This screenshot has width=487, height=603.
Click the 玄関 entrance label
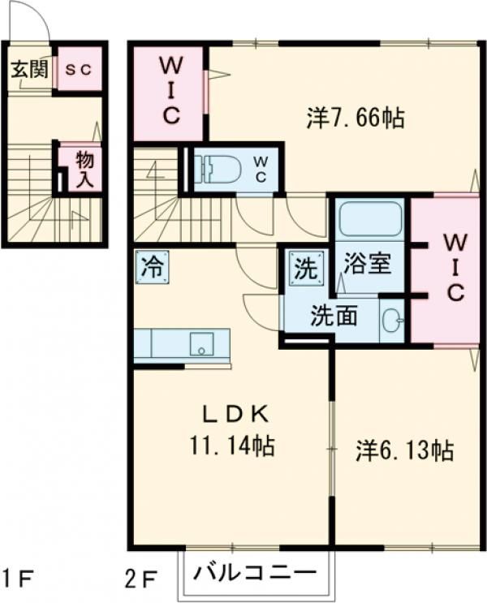point(29,70)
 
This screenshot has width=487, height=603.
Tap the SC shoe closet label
point(78,70)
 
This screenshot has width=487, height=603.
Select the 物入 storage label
point(84,169)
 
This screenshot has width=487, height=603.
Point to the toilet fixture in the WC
point(218,169)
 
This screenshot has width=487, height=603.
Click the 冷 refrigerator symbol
point(153,267)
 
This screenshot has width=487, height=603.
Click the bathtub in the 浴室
point(369,217)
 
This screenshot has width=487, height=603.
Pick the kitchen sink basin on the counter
point(201,345)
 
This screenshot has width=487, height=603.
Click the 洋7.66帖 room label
point(356,118)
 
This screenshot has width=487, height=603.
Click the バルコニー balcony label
point(255,573)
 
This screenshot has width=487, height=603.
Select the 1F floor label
point(17,578)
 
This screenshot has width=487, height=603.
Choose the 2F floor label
point(142,578)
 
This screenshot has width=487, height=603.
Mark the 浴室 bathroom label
point(368,263)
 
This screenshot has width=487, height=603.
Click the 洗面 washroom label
point(334,316)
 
